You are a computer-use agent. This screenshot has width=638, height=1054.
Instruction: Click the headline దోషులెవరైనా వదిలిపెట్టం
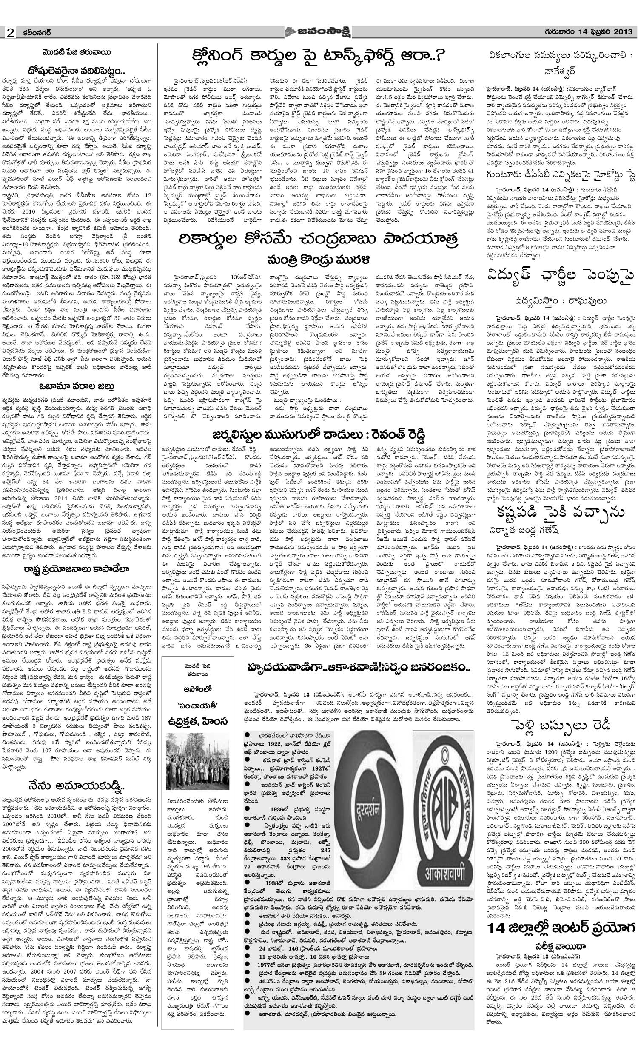tap(77, 69)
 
